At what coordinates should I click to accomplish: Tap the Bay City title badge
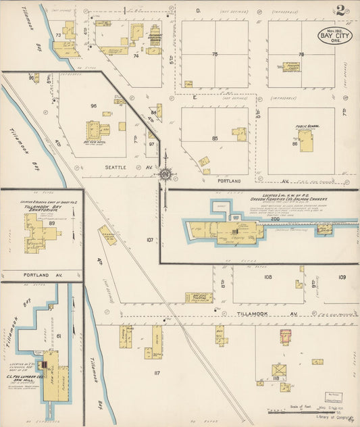[334, 35]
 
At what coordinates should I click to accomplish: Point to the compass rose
[165, 175]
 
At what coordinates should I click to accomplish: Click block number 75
[215, 54]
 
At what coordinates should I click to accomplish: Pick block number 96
[94, 105]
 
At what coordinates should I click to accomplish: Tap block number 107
[150, 239]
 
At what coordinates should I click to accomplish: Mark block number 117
[157, 373]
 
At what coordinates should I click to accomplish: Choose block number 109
[342, 277]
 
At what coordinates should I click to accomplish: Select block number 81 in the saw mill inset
[59, 336]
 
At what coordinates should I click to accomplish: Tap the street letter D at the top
[199, 11]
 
